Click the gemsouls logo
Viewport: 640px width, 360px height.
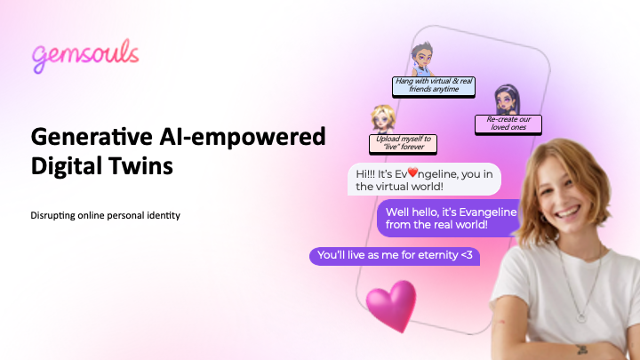[x=85, y=56]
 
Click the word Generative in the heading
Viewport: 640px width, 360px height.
[x=92, y=136]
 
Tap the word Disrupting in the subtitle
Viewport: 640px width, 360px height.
[x=52, y=215]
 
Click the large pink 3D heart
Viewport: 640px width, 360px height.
[x=391, y=305]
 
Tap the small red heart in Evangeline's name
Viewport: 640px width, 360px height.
[x=412, y=172]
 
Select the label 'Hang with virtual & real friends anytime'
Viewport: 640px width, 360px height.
[x=434, y=86]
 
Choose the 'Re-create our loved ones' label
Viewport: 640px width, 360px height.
[x=508, y=124]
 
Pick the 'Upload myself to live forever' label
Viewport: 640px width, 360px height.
[x=403, y=144]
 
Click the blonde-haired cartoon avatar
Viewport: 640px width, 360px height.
[x=383, y=119]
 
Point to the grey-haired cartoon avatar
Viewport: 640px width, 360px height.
[x=422, y=59]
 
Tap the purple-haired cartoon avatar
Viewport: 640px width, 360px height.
[x=508, y=100]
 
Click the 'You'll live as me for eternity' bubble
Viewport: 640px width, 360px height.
[x=395, y=256]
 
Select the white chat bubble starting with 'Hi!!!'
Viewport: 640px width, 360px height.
[x=424, y=180]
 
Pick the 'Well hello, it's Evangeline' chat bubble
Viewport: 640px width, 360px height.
[x=448, y=218]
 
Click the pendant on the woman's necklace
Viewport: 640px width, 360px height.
[x=581, y=316]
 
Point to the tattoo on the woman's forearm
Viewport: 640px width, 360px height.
[x=582, y=349]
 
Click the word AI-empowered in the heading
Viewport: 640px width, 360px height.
[x=243, y=136]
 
